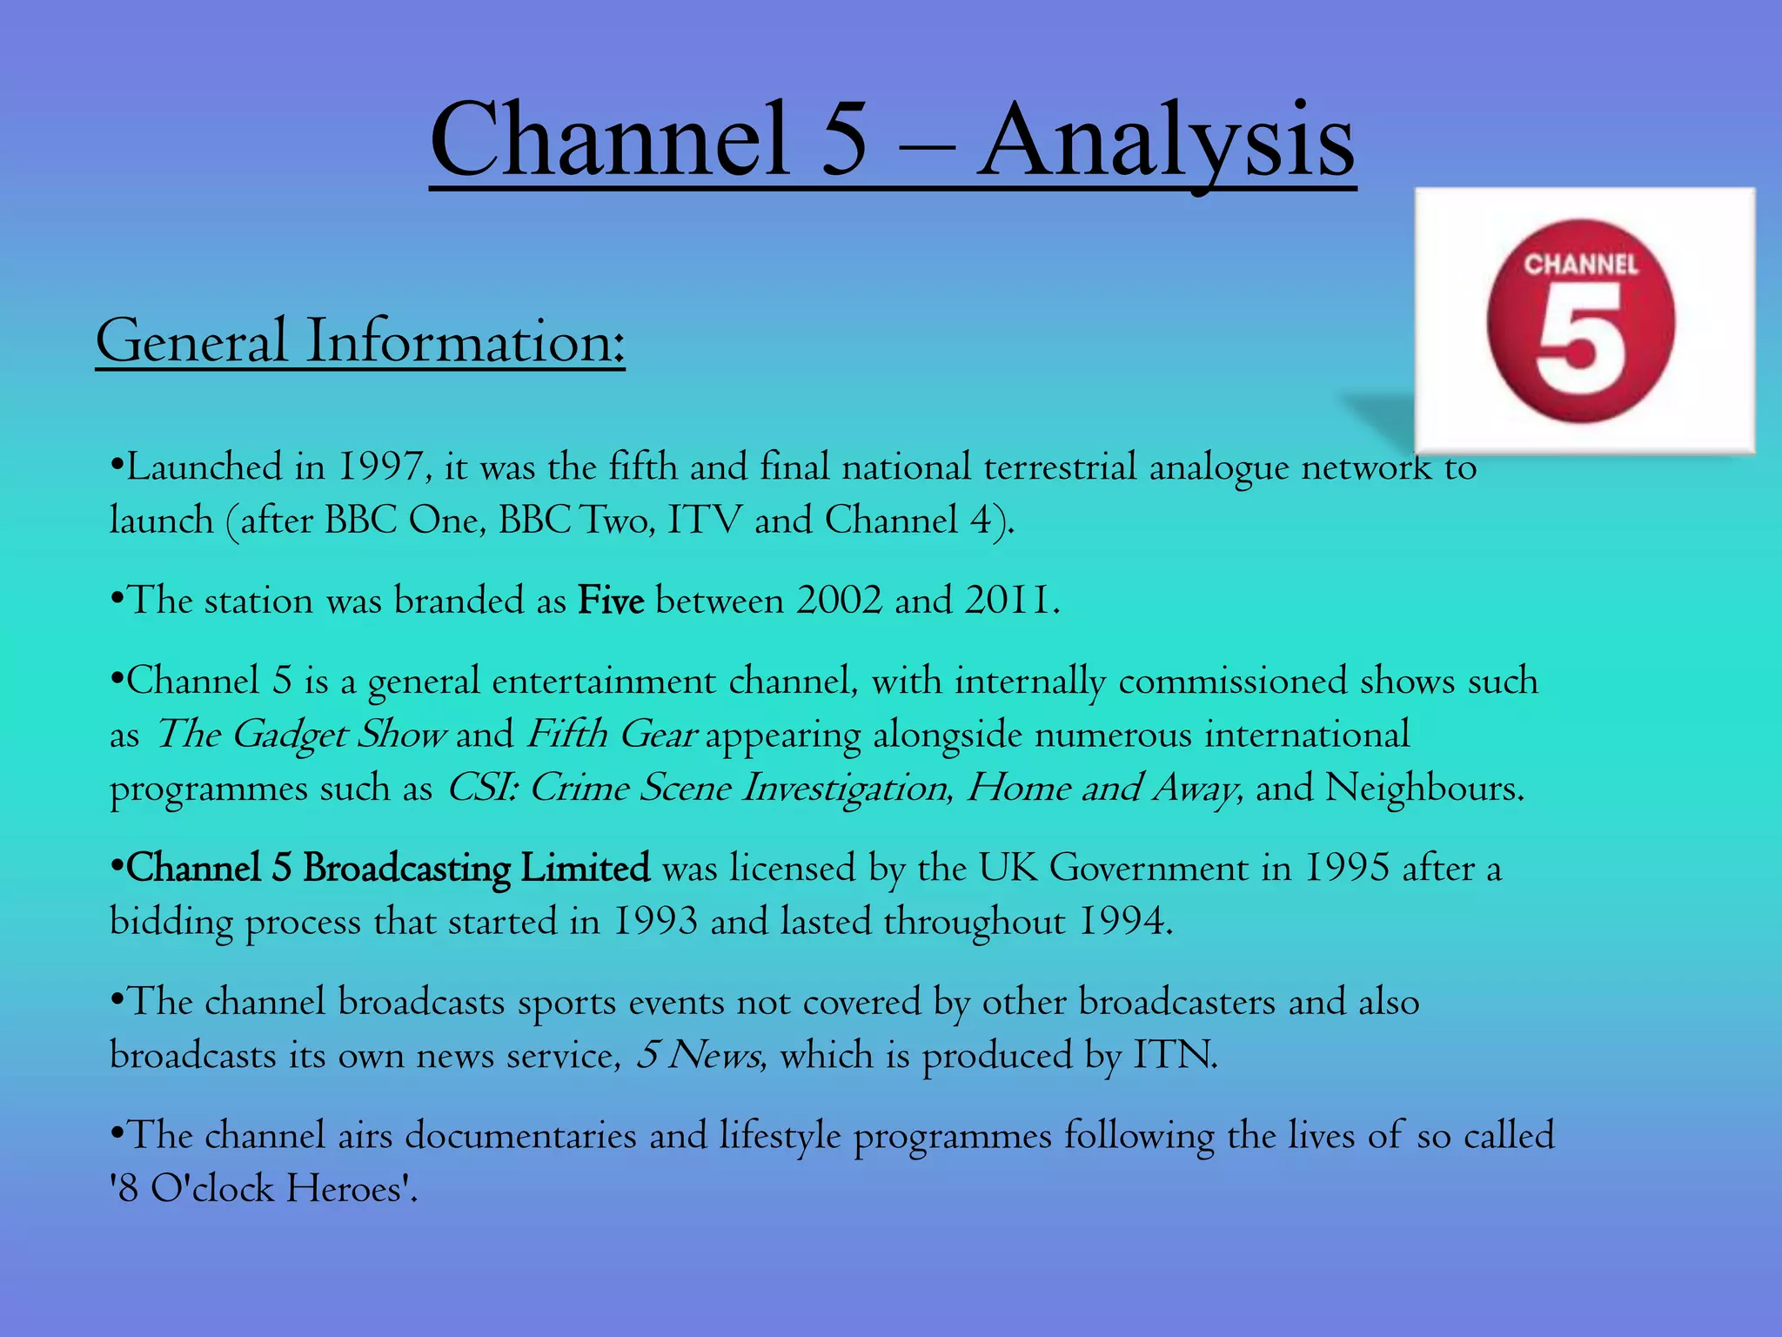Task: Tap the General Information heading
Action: tap(360, 341)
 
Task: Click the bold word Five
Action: tap(611, 601)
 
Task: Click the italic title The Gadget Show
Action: tap(301, 735)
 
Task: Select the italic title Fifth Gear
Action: tap(611, 735)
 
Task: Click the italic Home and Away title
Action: tap(1103, 789)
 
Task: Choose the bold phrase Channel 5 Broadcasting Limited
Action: tap(388, 869)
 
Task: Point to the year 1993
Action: tap(655, 923)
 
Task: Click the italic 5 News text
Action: tap(700, 1056)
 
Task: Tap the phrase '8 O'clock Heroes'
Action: tap(264, 1189)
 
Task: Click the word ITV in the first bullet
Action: tap(705, 521)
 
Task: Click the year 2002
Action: tap(839, 601)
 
